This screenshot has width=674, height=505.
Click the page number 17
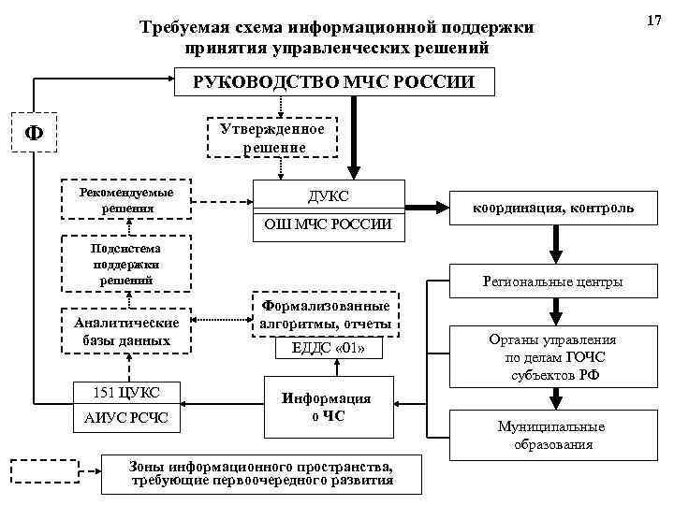click(x=653, y=18)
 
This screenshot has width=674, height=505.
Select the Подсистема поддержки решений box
click(x=126, y=265)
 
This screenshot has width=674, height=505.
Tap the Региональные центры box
click(x=552, y=281)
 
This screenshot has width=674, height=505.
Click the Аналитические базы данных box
click(x=126, y=330)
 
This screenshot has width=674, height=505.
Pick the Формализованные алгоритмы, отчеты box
click(x=325, y=314)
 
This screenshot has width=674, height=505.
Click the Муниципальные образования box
click(x=552, y=435)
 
